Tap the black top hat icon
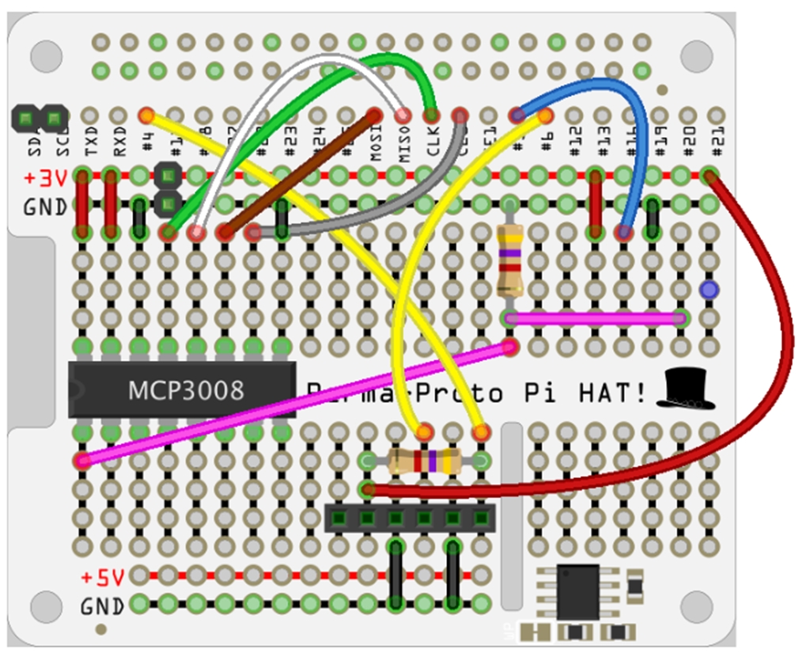point(685,389)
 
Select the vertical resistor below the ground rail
point(510,260)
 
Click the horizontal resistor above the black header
point(425,461)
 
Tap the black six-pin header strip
point(410,518)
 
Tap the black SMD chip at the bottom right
point(577,591)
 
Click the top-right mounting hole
point(697,55)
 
